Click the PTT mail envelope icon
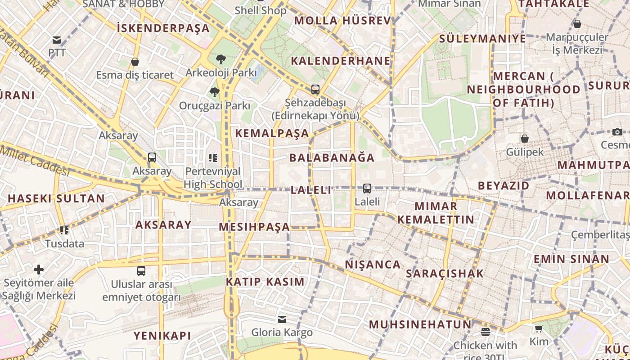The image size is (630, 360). tap(57, 40)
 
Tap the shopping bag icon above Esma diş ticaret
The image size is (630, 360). tap(135, 62)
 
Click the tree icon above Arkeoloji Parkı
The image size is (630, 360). tap(220, 59)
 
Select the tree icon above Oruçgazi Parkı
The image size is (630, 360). tap(214, 92)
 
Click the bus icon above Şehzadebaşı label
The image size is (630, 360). tap(315, 89)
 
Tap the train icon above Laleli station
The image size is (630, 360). tap(367, 189)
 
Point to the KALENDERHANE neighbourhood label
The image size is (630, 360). tap(340, 61)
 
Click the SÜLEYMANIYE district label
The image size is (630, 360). tap(482, 39)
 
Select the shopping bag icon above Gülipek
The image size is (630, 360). tap(524, 139)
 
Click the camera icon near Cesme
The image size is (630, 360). tap(617, 132)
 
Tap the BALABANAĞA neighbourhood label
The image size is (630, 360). tap(332, 157)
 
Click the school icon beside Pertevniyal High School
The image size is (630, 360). tap(212, 157)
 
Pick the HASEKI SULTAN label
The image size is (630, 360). tap(56, 198)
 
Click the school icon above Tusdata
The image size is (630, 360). tap(64, 230)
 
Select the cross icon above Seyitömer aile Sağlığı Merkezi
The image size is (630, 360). tap(39, 270)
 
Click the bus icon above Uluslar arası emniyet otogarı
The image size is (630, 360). tap(141, 271)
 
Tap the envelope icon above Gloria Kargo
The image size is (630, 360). tap(282, 319)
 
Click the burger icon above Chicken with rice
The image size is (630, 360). tap(485, 332)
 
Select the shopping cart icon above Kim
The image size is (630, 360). tap(539, 328)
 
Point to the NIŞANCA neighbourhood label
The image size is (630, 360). tap(373, 265)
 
